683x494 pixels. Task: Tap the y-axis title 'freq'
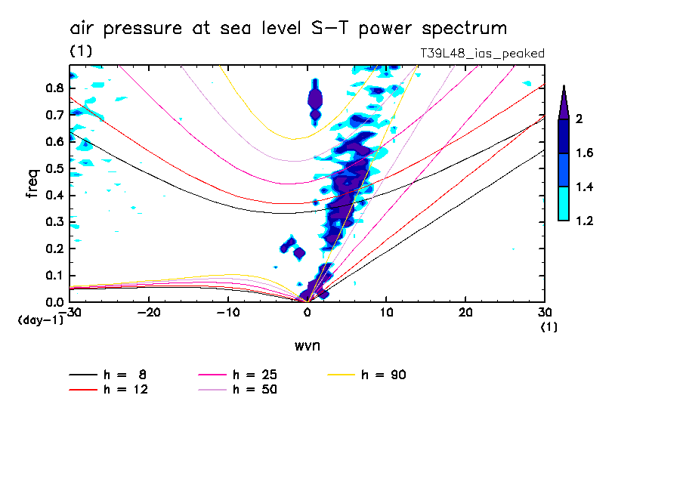[x=32, y=184]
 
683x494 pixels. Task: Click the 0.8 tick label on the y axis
[x=53, y=88]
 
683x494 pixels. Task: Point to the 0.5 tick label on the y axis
[x=53, y=168]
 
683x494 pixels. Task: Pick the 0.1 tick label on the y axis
[x=53, y=275]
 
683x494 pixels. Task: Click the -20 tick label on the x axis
[x=149, y=313]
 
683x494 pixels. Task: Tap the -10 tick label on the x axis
[x=227, y=313]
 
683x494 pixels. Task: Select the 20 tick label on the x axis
[x=465, y=313]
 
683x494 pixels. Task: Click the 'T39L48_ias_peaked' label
[x=482, y=54]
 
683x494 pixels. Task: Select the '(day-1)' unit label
[x=41, y=320]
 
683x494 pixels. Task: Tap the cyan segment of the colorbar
[x=563, y=204]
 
